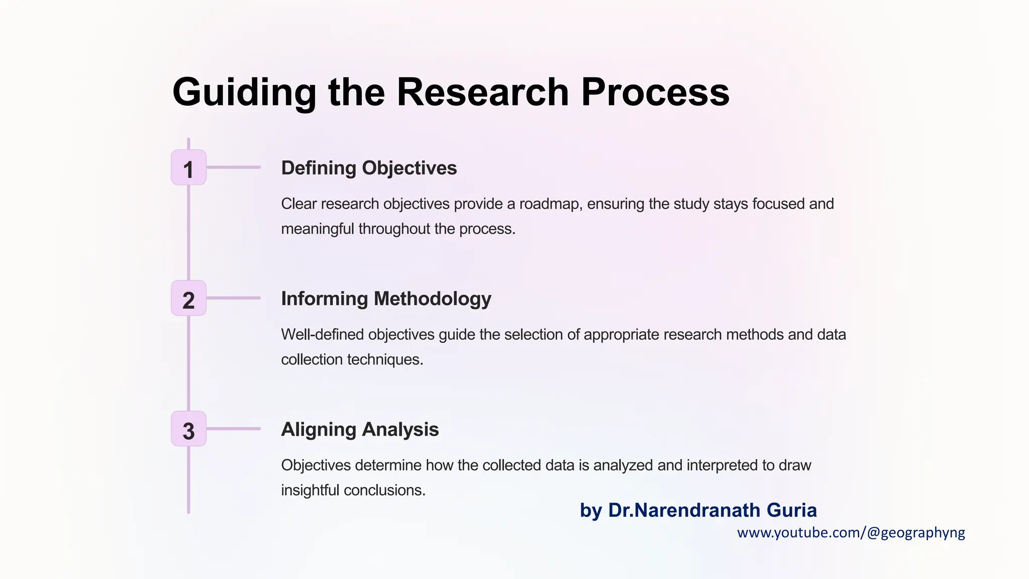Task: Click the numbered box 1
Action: pos(188,167)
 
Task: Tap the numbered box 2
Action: pos(188,298)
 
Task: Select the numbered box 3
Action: pos(188,429)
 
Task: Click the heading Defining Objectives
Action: pos(369,168)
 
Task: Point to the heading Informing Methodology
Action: pos(386,299)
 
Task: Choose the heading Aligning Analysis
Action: pos(360,429)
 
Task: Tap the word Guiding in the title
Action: pos(244,92)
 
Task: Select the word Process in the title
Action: pos(655,92)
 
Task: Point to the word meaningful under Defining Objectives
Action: pos(318,229)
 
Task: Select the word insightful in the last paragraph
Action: pos(310,491)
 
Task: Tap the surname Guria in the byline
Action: pos(792,510)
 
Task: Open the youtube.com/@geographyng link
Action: pos(851,533)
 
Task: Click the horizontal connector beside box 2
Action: pos(233,298)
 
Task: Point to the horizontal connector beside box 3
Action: pos(233,429)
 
